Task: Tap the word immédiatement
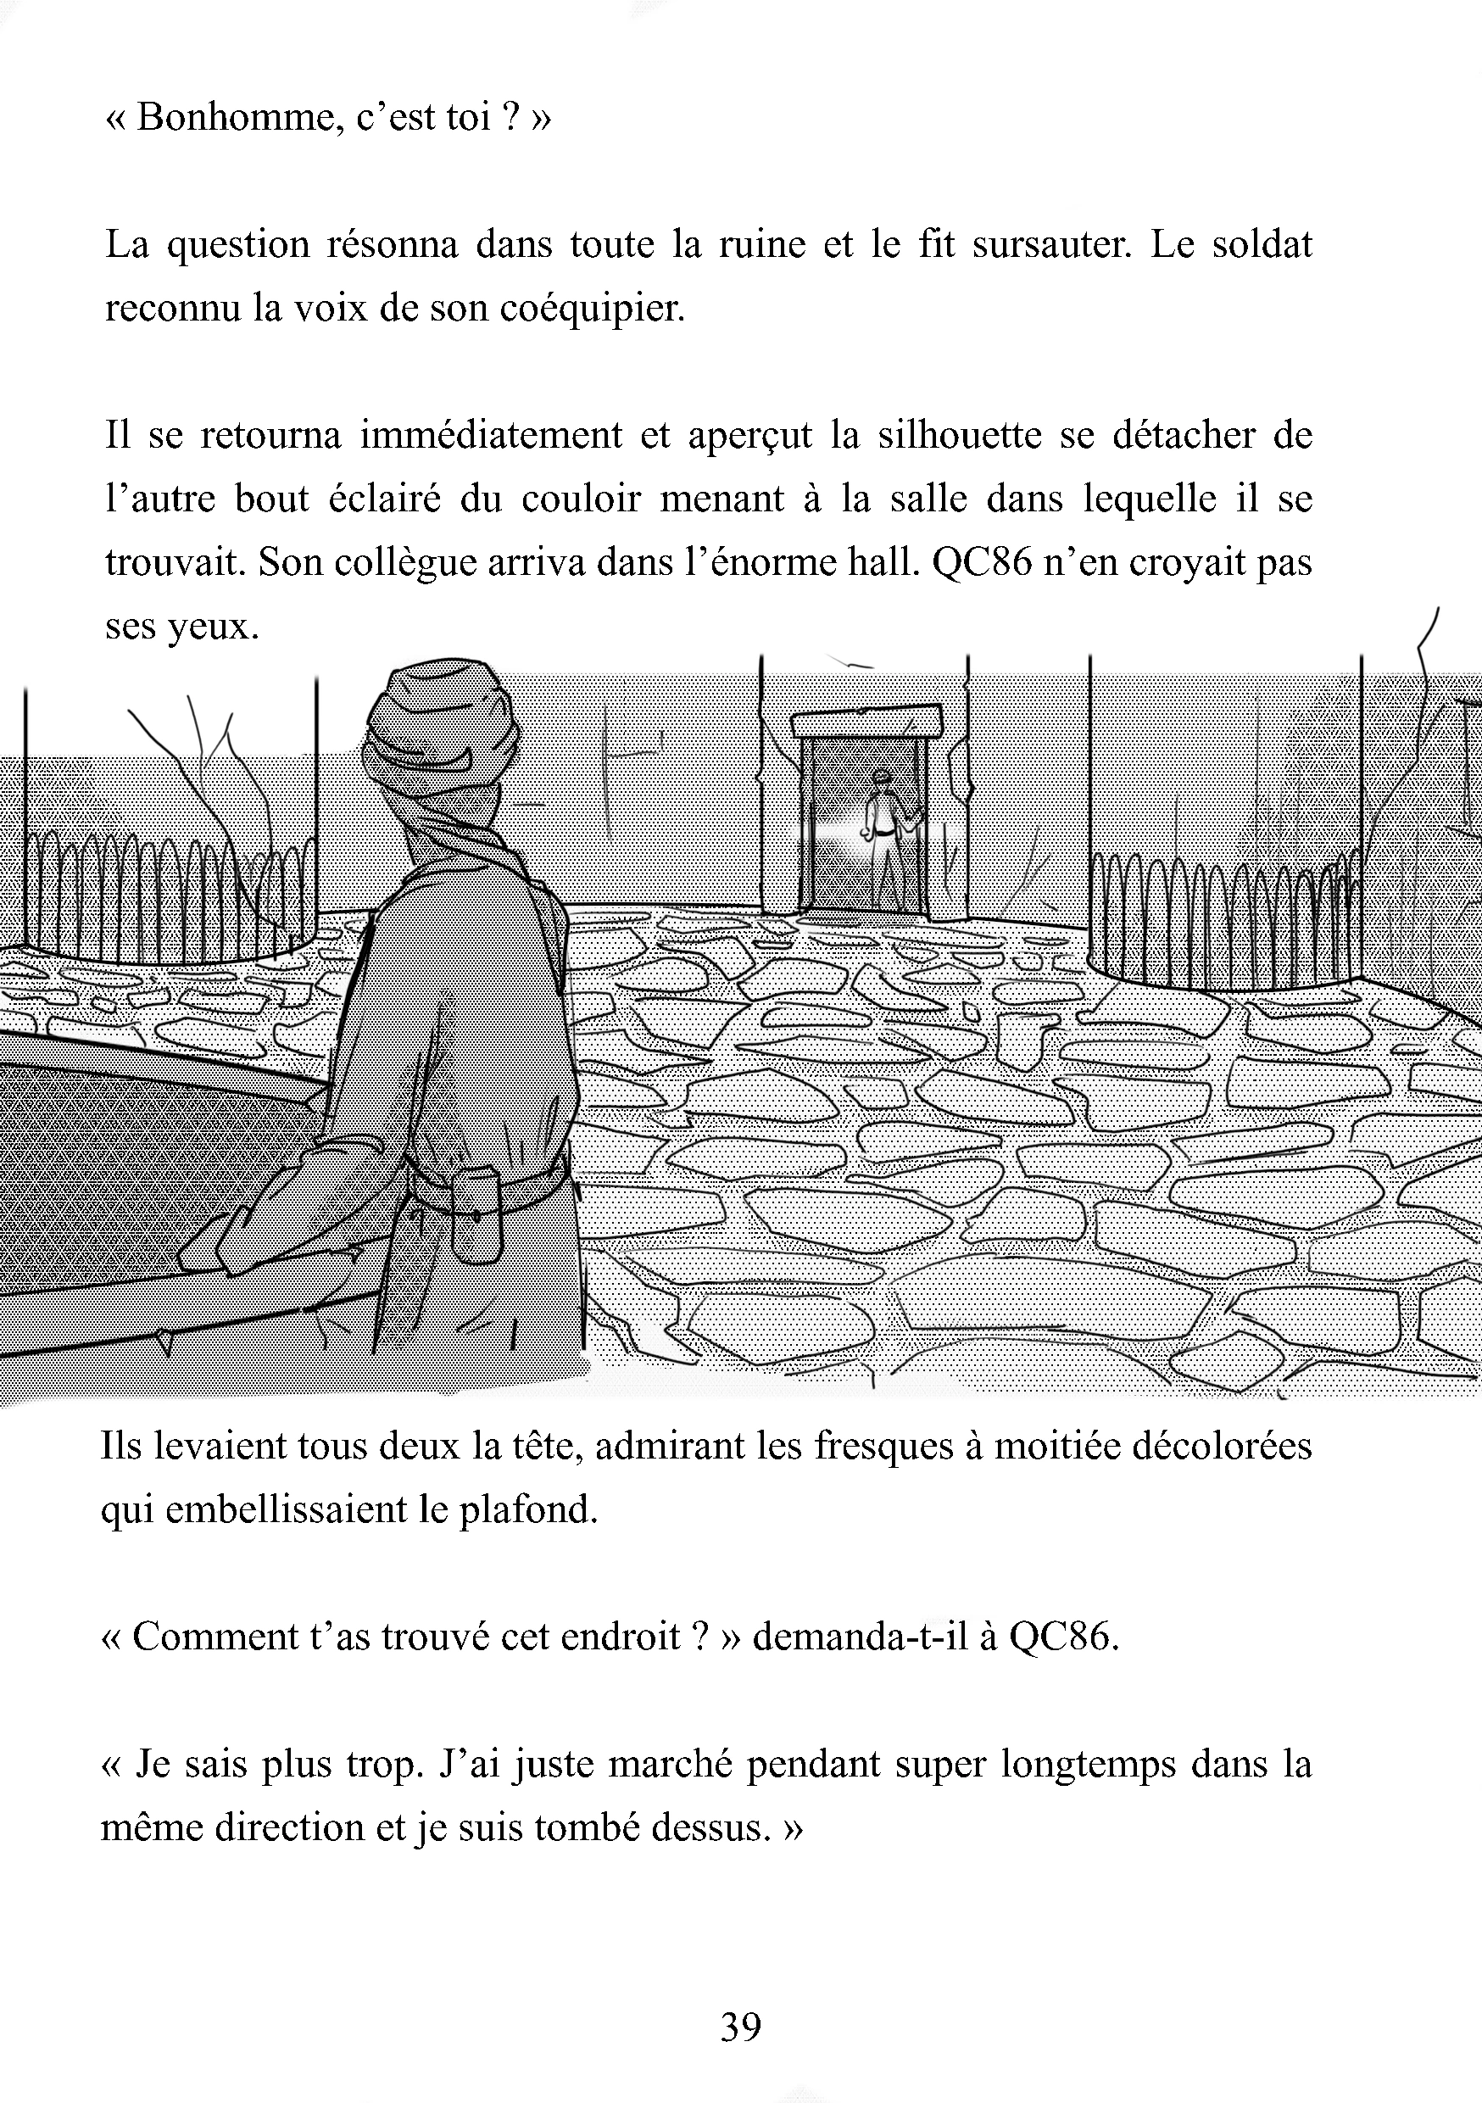point(491,435)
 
